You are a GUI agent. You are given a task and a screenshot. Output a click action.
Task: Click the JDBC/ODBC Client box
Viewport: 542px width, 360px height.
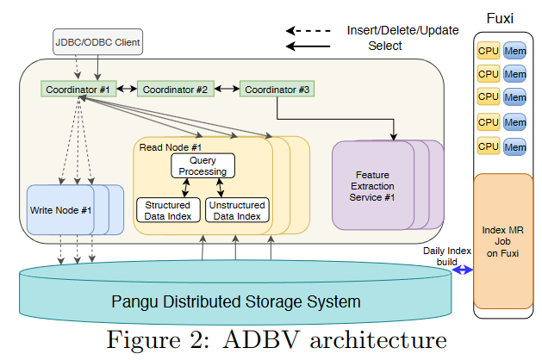click(97, 41)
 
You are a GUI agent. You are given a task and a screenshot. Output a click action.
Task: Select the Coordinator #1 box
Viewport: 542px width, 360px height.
click(78, 89)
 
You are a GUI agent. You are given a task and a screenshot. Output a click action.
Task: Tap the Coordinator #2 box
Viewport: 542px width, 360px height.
click(175, 89)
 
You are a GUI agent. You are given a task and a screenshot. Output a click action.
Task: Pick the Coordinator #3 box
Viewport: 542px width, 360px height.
click(276, 89)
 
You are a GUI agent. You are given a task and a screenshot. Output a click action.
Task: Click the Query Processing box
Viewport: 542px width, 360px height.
click(202, 165)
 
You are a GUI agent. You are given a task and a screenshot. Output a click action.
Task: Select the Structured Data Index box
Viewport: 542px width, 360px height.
click(166, 210)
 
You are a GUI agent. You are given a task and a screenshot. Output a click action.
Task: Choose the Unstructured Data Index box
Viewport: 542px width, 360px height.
click(236, 210)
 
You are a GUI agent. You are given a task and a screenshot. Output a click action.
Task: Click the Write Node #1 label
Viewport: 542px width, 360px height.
click(60, 209)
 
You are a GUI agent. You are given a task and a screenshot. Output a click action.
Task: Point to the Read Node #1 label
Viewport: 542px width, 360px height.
click(170, 147)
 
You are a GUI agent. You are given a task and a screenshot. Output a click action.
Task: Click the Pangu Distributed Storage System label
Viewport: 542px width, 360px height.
click(234, 301)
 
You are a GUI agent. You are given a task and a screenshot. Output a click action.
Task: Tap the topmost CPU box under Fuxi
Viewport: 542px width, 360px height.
click(489, 51)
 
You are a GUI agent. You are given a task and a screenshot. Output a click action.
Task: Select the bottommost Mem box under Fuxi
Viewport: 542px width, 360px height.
click(515, 147)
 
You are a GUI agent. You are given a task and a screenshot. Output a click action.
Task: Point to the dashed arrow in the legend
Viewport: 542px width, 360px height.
click(309, 29)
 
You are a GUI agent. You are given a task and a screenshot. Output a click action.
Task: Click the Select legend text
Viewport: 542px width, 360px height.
click(385, 45)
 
